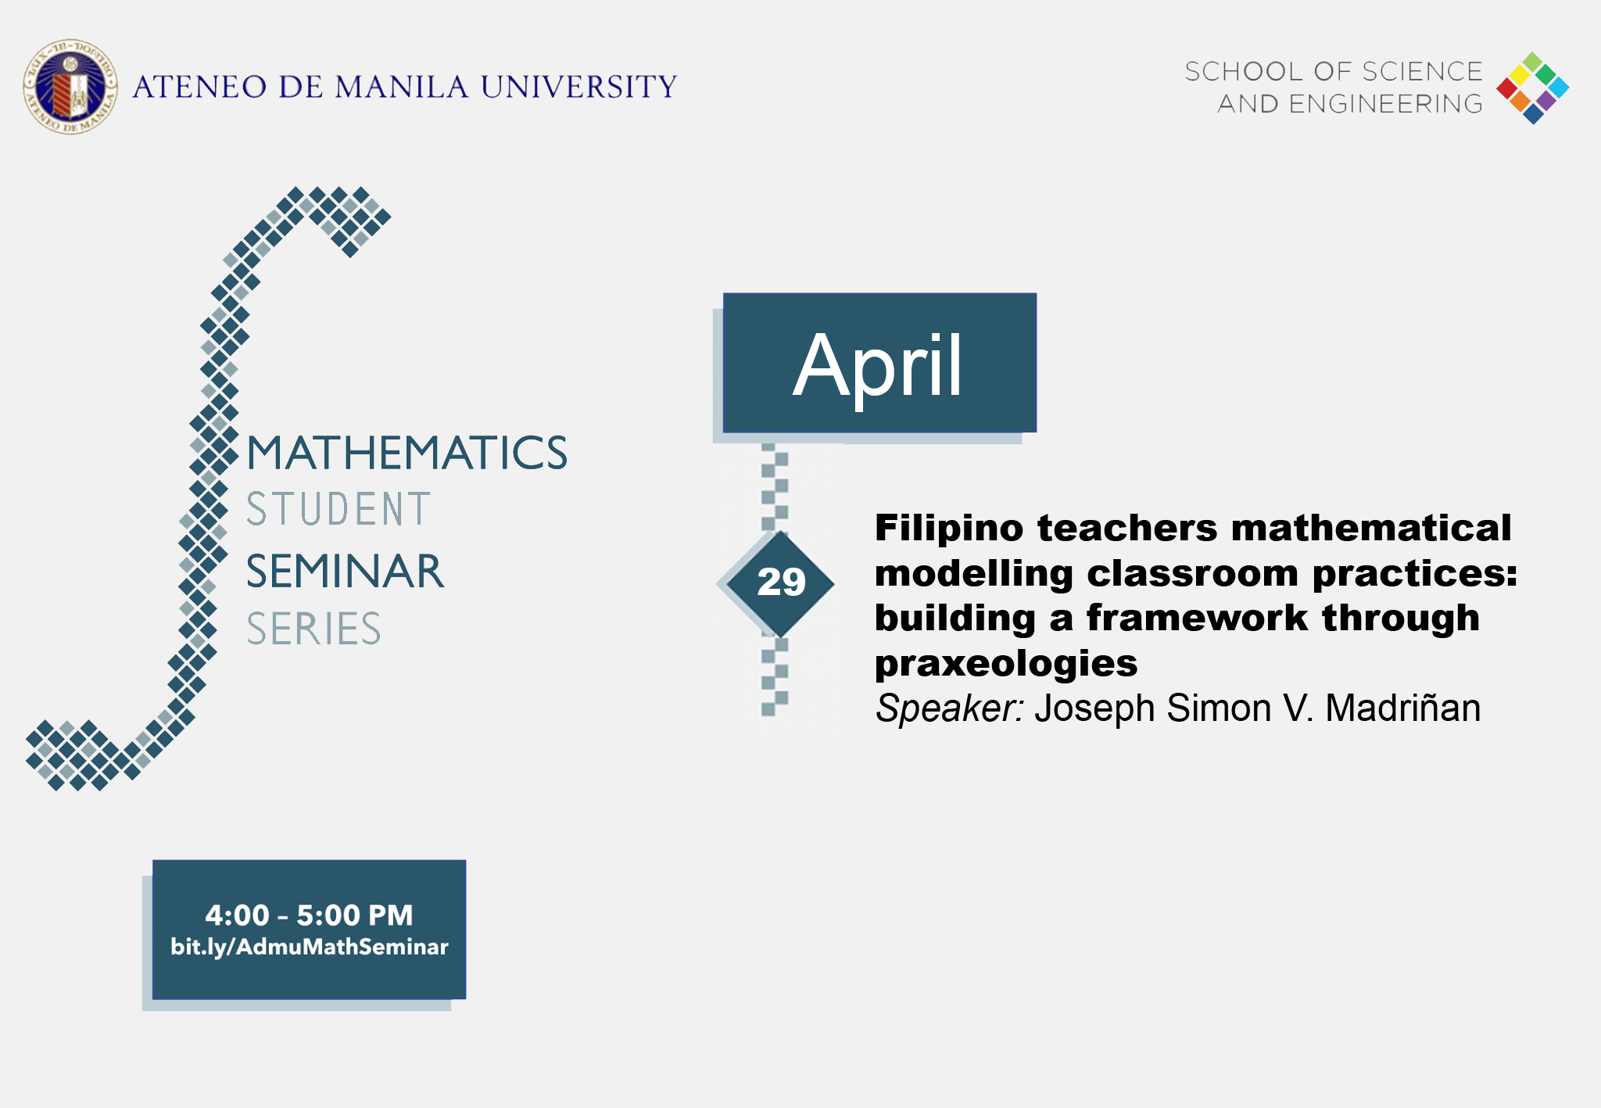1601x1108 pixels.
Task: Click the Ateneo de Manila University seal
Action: point(70,87)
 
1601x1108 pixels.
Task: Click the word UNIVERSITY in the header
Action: point(578,87)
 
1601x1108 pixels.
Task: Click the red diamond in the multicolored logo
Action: point(1506,88)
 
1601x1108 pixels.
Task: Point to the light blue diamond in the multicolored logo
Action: point(1559,88)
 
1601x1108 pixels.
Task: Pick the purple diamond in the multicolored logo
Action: point(1546,101)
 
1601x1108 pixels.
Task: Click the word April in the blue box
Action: point(878,365)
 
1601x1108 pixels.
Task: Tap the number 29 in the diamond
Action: point(781,582)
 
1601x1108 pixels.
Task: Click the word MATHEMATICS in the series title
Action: point(407,454)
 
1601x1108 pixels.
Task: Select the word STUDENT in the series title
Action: point(338,510)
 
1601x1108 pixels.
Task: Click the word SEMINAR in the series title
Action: point(345,572)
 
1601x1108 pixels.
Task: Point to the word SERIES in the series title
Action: point(313,629)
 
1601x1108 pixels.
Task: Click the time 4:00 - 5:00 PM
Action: point(309,915)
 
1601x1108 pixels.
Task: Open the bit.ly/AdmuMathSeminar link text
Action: point(309,947)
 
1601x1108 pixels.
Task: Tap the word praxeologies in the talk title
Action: point(1005,664)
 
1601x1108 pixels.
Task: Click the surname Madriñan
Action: point(1402,708)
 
